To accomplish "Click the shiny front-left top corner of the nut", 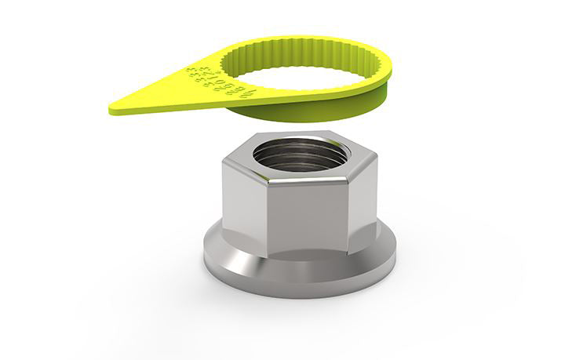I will coord(268,184).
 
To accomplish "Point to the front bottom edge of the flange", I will coord(298,295).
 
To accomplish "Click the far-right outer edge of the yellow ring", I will coord(391,75).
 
